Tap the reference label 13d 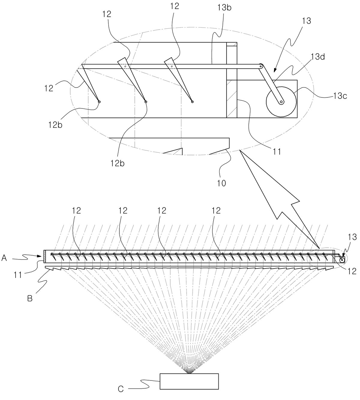[318, 57]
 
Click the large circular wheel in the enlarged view [281, 102]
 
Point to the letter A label [4, 258]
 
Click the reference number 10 [221, 183]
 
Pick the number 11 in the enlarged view [276, 152]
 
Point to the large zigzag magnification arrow [280, 200]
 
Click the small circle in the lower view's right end [342, 260]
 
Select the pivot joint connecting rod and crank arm [261, 66]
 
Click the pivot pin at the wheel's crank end [281, 102]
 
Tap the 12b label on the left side [55, 125]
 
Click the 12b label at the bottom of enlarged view [117, 163]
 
